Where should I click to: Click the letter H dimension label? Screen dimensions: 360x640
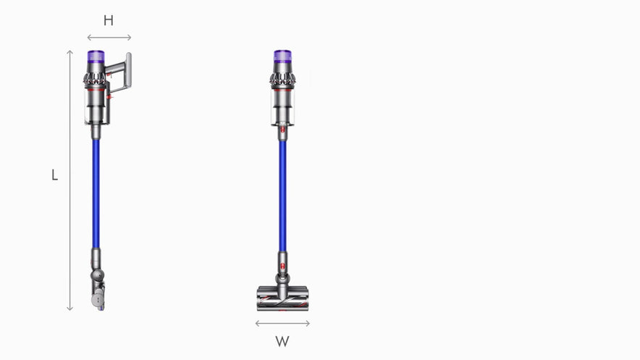pyautogui.click(x=109, y=20)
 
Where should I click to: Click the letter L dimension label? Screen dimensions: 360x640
pyautogui.click(x=54, y=175)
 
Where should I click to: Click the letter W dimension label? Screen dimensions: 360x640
pyautogui.click(x=282, y=340)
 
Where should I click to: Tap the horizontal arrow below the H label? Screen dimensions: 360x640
pyautogui.click(x=109, y=37)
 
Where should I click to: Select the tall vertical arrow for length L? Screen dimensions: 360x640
pyautogui.click(x=70, y=180)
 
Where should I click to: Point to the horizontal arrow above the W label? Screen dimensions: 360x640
pyautogui.click(x=282, y=323)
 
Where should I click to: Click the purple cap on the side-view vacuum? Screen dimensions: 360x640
pyautogui.click(x=96, y=56)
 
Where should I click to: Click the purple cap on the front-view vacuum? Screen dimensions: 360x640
pyautogui.click(x=282, y=56)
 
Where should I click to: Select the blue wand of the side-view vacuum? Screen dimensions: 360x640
pyautogui.click(x=96, y=192)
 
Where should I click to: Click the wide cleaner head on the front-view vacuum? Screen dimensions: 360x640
pyautogui.click(x=282, y=297)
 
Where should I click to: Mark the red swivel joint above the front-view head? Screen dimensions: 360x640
pyautogui.click(x=282, y=276)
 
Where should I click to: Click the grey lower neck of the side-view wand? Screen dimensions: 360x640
pyautogui.click(x=96, y=257)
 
